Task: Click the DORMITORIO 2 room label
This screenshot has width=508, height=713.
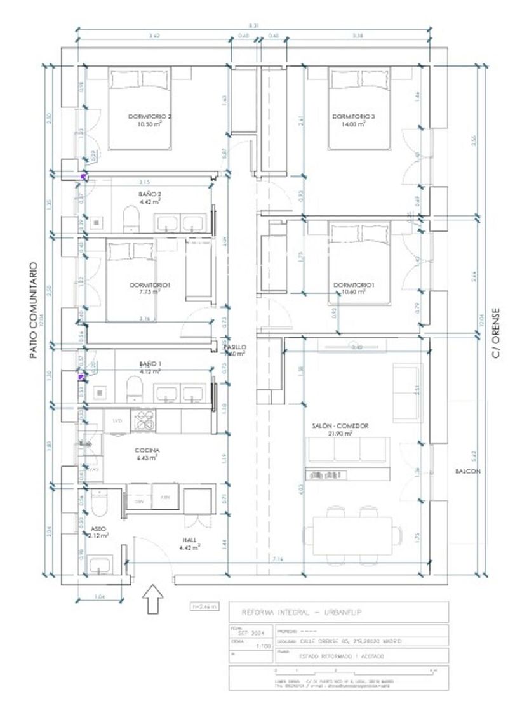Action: [x=150, y=117]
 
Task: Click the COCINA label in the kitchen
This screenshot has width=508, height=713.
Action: [x=147, y=450]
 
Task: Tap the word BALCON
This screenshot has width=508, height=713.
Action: [x=467, y=471]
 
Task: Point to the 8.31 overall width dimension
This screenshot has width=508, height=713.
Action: [x=254, y=25]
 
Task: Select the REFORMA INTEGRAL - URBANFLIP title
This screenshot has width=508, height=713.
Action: [x=295, y=613]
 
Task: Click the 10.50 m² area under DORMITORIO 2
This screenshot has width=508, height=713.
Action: [x=150, y=125]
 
